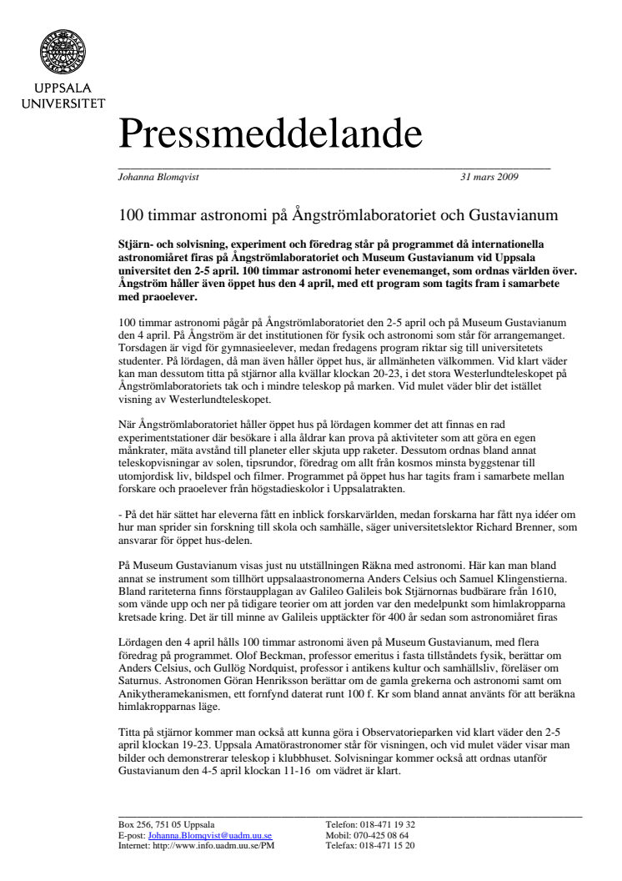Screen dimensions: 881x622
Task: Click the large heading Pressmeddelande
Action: [269, 134]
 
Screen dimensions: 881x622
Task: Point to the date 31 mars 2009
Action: [489, 177]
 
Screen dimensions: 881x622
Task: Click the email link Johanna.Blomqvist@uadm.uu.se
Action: [209, 834]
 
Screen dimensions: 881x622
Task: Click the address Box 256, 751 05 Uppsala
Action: [167, 824]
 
